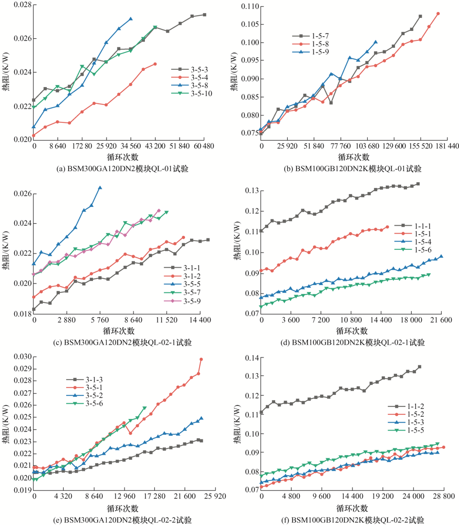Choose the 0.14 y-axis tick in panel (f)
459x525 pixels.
[249, 359]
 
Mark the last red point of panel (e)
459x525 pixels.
[201, 360]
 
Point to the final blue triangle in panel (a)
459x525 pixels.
[131, 19]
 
